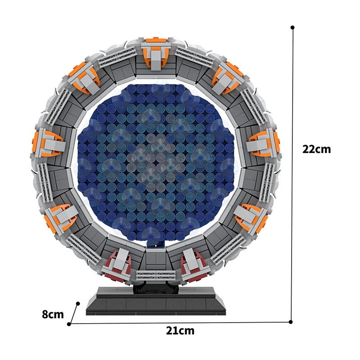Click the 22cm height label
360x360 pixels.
[316, 149]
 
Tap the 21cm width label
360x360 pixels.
[180, 331]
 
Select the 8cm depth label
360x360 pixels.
[53, 314]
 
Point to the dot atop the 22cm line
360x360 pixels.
[292, 27]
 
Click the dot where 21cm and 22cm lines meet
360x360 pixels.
[291, 322]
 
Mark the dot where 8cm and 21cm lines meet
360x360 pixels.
[69, 324]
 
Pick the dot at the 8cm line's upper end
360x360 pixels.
[79, 303]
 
